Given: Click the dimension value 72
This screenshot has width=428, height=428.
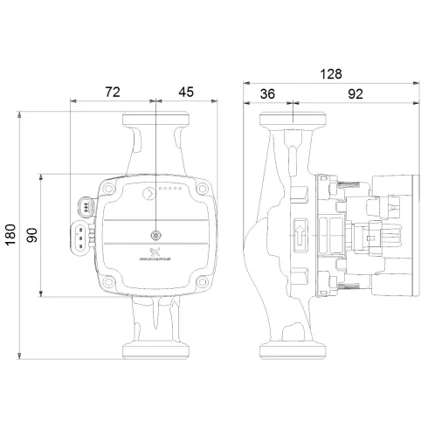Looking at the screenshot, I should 112,90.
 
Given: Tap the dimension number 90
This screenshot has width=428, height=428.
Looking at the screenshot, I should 31,234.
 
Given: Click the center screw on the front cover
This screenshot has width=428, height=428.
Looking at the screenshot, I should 156,235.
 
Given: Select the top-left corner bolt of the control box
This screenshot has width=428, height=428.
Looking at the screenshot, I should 109,187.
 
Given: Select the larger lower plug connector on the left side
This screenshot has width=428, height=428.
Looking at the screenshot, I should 79,236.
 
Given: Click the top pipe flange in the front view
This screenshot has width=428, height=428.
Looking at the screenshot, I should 155,119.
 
